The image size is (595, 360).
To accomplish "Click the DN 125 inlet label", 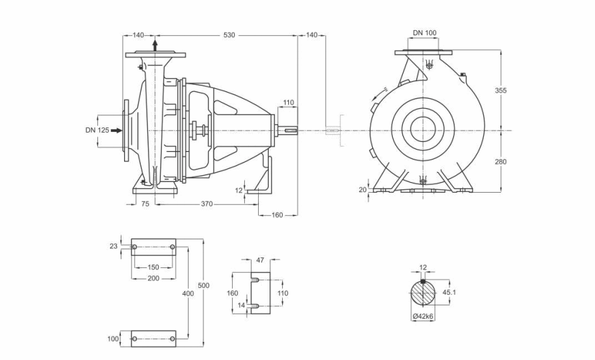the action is pos(97,130).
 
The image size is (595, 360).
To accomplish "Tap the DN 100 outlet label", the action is pos(425,33).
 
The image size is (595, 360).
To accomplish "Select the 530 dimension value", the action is pos(229,35).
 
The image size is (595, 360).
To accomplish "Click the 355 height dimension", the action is pos(500,90).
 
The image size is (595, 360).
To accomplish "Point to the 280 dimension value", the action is pos(500,161).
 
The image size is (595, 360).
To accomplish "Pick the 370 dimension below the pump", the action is pos(207,204).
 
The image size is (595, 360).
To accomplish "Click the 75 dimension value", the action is pos(145,204).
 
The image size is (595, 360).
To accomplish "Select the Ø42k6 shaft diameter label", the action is pos(423,315).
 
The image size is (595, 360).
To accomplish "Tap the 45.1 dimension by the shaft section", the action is pos(450,293).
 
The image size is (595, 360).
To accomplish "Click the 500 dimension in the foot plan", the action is pos(203,285).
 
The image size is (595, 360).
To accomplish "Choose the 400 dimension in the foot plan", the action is pos(188,293).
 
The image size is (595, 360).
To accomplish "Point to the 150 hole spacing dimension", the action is pos(153,267).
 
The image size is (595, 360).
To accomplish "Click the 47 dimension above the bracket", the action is pos(260,260).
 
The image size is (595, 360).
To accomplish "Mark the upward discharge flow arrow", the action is pos(155,45).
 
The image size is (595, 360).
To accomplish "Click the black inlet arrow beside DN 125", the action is pos(117,131).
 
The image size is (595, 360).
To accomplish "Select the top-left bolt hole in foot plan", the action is pos(134,247).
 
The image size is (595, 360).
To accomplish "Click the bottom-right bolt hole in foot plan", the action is pos(172,339).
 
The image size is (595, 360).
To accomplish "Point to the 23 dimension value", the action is pos(113,246).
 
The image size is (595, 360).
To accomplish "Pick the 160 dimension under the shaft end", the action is pos(277,215).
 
